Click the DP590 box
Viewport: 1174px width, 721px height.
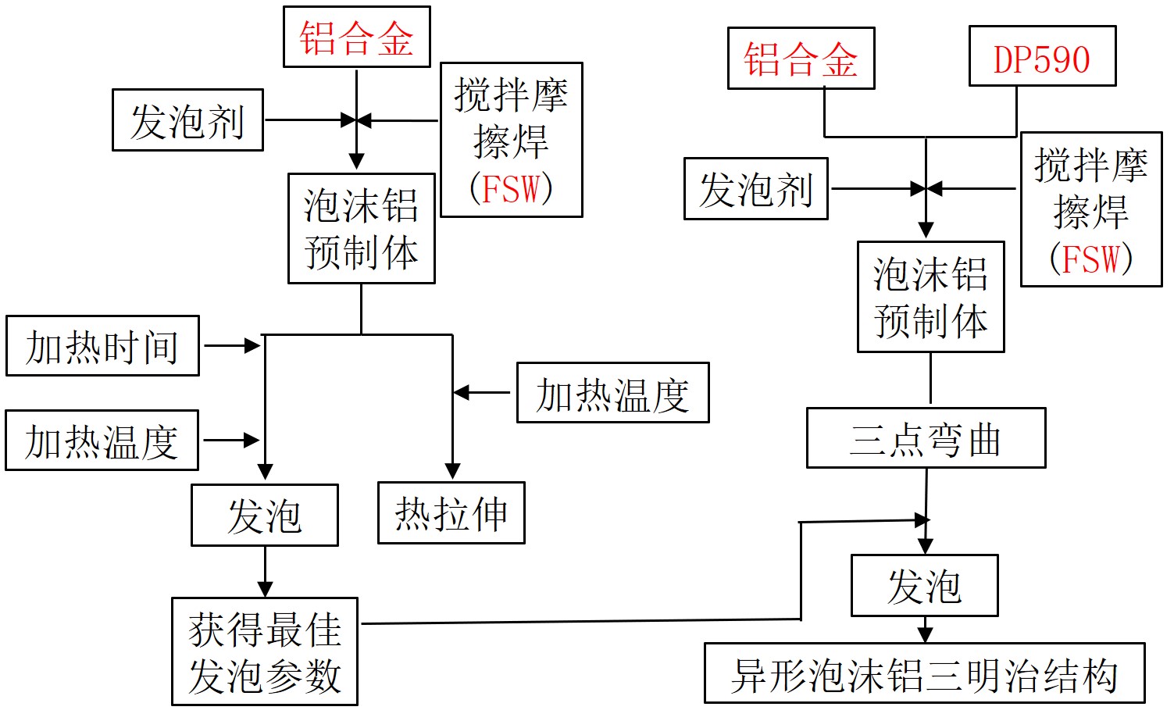point(1042,56)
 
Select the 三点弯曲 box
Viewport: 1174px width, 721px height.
point(926,438)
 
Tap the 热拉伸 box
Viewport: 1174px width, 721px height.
point(451,513)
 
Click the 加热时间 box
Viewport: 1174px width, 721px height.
point(102,346)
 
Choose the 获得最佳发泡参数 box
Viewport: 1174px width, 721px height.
point(265,651)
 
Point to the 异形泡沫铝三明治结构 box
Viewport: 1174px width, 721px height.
point(924,673)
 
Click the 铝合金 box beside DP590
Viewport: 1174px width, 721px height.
point(801,59)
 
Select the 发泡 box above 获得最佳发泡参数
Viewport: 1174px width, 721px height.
point(265,516)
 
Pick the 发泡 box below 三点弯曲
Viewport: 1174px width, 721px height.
point(924,586)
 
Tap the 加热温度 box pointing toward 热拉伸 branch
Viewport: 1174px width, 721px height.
point(612,393)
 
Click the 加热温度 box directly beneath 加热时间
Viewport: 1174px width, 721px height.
point(102,441)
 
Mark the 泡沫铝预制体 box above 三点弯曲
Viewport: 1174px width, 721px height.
point(930,297)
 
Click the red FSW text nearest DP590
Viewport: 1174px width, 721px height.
point(1091,259)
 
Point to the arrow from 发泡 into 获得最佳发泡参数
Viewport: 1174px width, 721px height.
point(265,587)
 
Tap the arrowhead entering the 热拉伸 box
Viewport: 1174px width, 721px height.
point(452,471)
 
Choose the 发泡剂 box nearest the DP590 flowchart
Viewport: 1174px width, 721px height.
point(755,189)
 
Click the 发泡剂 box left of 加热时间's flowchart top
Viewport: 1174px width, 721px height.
point(187,120)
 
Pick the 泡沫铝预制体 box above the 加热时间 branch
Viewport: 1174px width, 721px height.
point(361,228)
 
